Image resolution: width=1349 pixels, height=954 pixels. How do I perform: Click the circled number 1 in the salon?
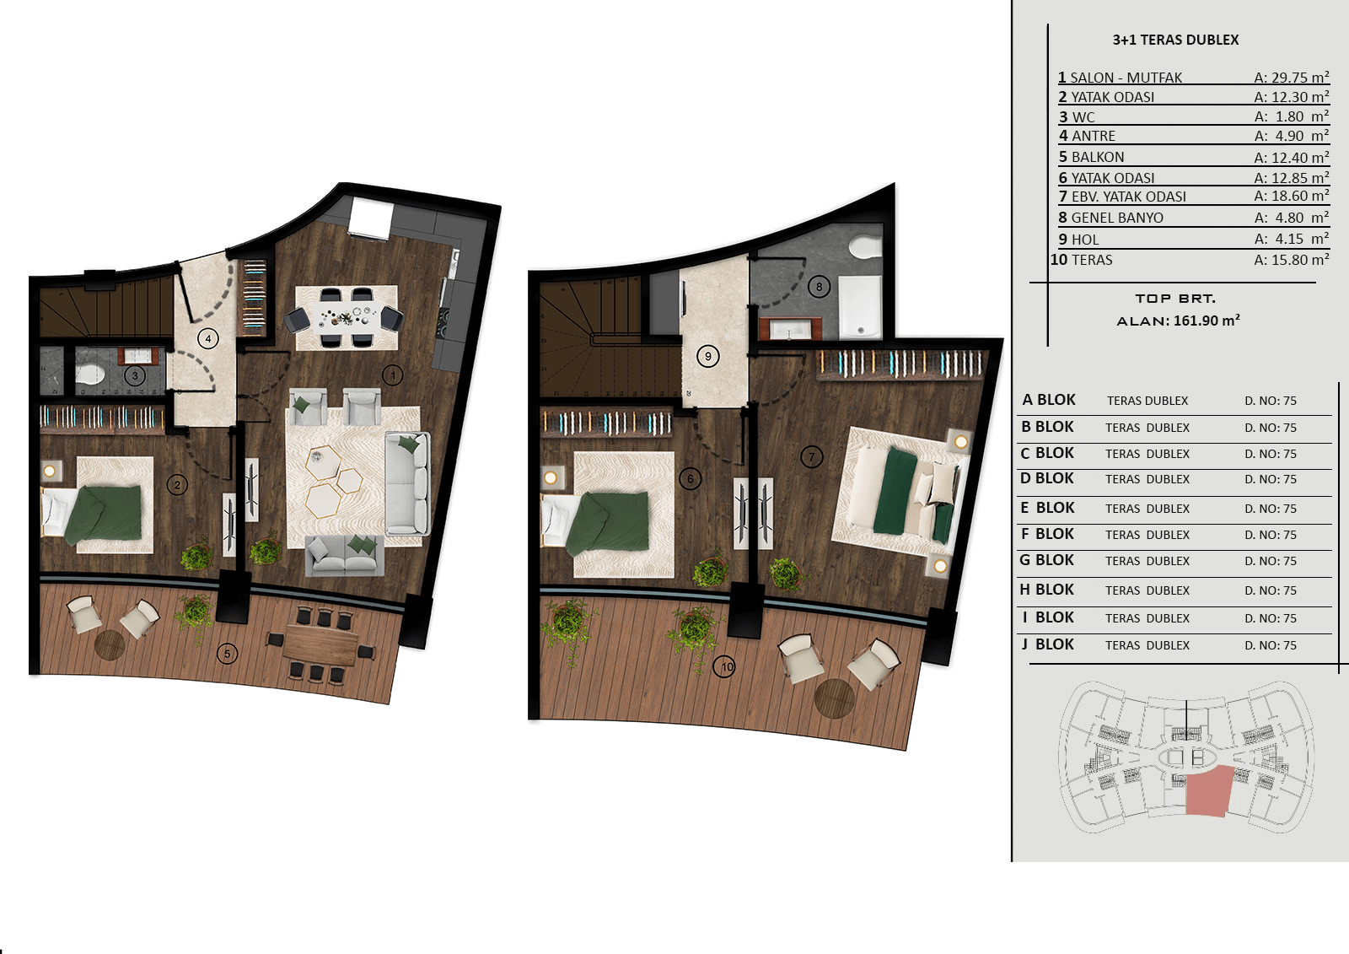pos(393,375)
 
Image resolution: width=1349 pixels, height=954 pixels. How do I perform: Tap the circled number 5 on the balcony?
pos(227,653)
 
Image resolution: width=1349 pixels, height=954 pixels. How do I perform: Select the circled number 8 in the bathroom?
pos(819,287)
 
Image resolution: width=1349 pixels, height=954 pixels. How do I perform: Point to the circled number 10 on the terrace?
pos(724,666)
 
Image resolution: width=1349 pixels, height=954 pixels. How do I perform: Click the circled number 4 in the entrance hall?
pos(208,339)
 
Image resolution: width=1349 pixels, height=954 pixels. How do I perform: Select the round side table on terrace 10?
pos(834,698)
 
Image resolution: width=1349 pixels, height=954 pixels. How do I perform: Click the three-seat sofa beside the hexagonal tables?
pos(408,483)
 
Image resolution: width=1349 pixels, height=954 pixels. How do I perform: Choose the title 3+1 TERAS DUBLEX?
pos(1175,40)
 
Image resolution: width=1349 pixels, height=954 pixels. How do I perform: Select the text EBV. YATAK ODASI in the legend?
pos(1129,197)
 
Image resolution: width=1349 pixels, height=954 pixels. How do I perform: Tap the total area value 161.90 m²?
pos(1207,320)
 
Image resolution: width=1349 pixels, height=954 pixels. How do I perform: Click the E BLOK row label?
pos(1047,508)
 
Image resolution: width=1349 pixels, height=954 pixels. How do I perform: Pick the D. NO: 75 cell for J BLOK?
pos(1271,645)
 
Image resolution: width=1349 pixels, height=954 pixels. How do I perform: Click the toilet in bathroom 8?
pos(865,246)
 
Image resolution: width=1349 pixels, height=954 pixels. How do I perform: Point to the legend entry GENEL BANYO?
pos(1117,218)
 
